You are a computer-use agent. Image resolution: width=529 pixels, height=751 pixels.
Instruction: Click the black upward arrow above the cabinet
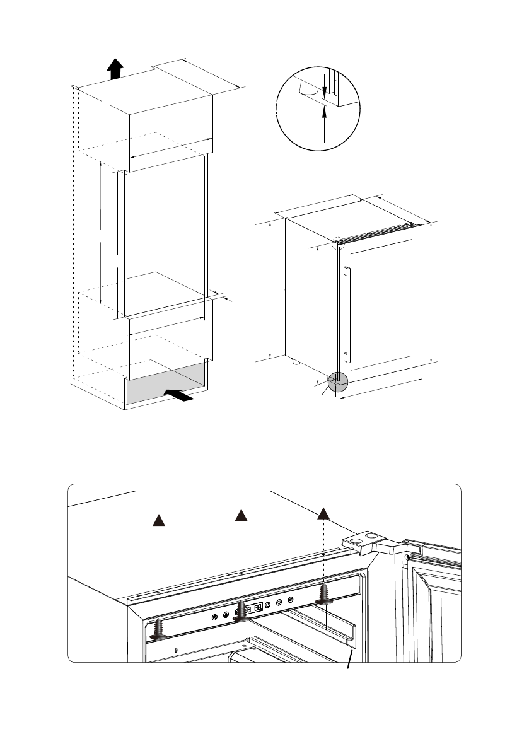point(114,68)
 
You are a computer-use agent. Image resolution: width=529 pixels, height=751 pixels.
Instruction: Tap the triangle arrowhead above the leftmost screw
point(158,519)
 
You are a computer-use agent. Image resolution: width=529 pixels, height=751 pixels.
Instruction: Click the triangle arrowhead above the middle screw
point(240,515)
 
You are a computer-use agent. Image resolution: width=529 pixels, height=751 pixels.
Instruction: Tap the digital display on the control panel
point(253,608)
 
